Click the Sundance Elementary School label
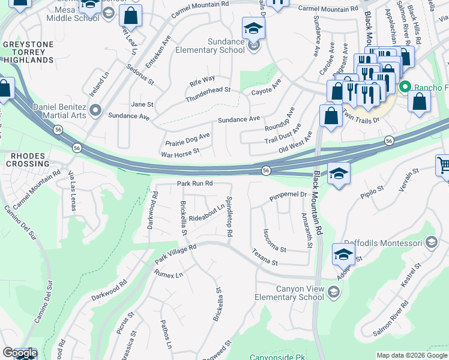pos(210,46)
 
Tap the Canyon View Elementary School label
pos(300,293)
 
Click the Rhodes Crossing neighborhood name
pos(28,161)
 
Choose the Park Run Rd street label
pos(194,183)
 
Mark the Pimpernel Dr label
pos(288,195)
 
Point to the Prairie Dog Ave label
pos(188,139)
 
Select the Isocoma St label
pos(275,240)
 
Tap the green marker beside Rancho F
pos(406,87)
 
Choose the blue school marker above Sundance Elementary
pos(253,28)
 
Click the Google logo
pos(20,353)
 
